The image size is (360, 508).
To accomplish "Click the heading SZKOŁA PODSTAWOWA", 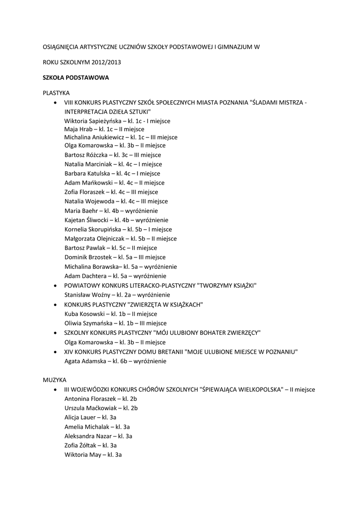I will tap(75, 78).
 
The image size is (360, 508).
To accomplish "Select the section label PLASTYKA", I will tap(56, 93).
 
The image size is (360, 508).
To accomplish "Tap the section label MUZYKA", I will tap(54, 380).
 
